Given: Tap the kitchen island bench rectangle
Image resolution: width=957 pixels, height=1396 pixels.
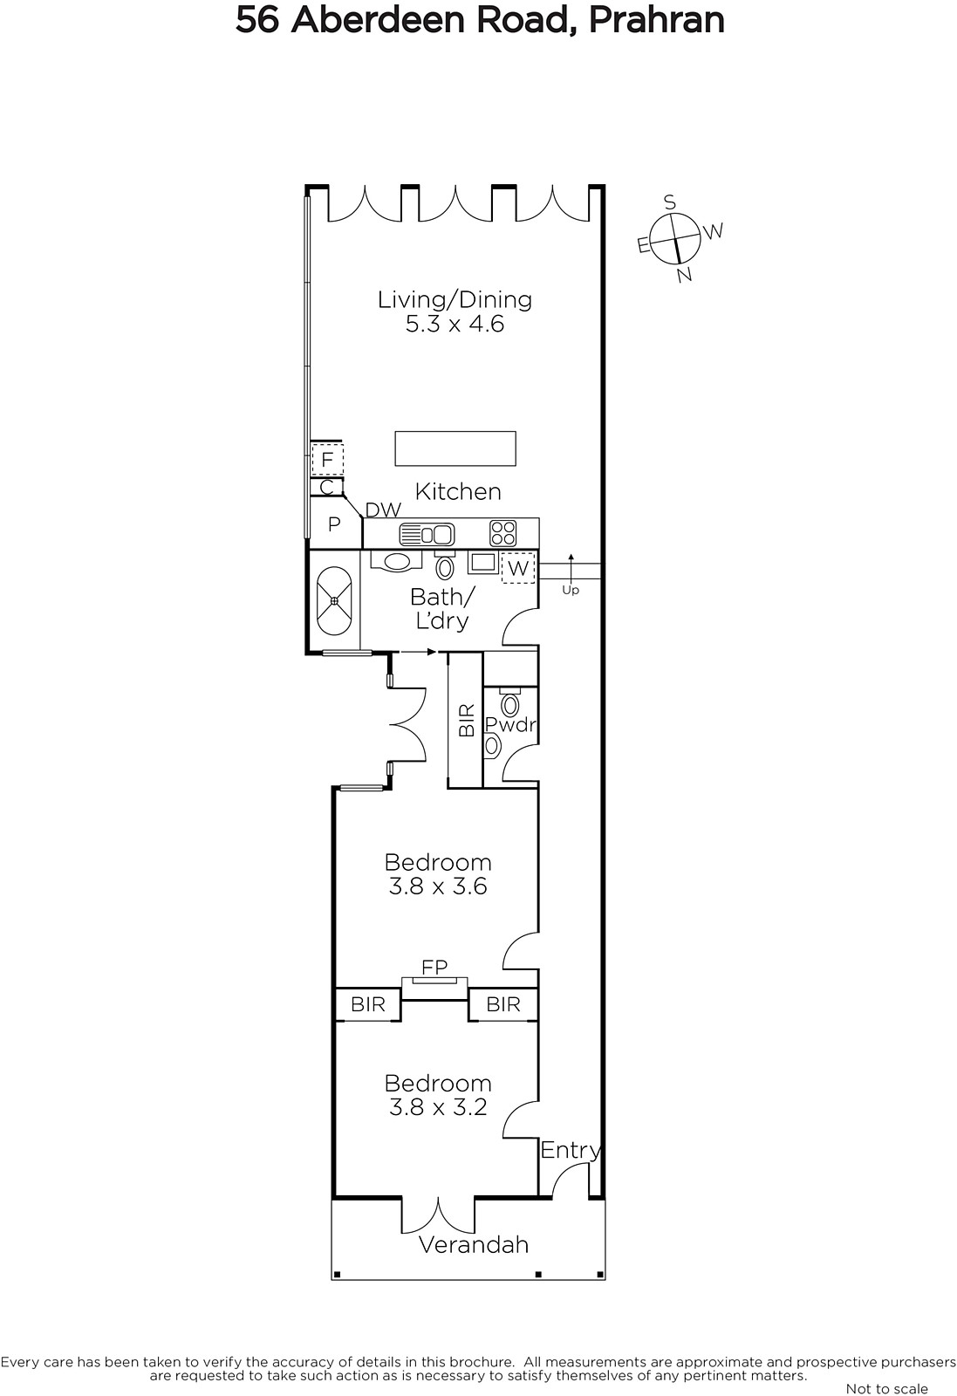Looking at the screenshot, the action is pos(455,448).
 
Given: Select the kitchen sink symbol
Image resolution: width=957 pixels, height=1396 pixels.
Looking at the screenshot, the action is pos(427,534).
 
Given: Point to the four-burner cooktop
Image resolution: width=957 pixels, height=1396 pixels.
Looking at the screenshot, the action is pos(502,533).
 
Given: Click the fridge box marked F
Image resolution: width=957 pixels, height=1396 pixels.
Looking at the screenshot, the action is pos(327,460).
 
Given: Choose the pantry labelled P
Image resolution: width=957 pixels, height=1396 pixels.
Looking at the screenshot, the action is pos(334,524).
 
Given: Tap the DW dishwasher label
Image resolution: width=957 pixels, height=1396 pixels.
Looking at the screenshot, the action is pos(383,510).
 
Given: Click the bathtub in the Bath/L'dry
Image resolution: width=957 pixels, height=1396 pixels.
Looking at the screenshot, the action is pos(334,601).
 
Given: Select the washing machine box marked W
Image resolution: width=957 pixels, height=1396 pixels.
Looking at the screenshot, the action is pos(518,568).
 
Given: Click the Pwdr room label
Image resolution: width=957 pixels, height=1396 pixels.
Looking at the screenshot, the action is pos(510,724).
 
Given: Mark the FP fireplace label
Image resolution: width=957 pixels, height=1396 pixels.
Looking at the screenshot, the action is pos(434,967).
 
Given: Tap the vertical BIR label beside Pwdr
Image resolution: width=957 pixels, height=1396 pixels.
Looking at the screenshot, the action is pos(466,721).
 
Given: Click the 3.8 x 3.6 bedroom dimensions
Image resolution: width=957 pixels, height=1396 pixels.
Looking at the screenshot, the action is pos(437,886).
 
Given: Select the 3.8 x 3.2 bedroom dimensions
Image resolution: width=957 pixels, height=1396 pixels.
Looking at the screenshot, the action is pos(437,1107).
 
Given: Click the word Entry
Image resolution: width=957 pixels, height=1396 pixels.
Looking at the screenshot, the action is pos(570,1150).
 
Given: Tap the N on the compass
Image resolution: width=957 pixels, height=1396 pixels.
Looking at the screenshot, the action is pos(684,274).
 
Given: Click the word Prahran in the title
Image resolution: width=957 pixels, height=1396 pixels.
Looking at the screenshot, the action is pos(656,20).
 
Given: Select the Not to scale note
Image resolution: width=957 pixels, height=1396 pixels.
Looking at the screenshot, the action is pos(886,1388).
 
